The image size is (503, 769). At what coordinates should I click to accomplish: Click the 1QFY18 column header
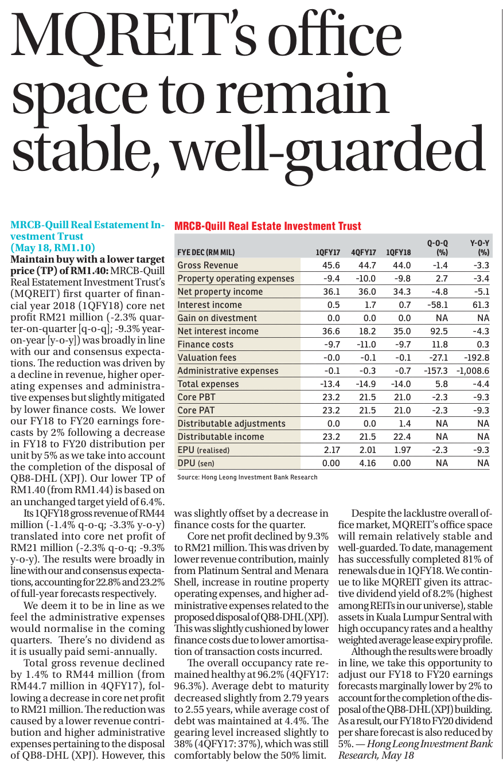(x=398, y=252)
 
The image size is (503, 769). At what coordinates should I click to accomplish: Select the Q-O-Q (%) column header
(x=438, y=248)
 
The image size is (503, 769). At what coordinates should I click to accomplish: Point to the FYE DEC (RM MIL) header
(x=206, y=252)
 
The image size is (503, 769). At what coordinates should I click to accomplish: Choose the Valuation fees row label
(x=206, y=357)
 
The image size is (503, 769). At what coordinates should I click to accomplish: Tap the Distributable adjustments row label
(x=231, y=423)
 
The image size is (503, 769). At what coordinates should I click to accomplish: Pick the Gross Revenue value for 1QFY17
(x=331, y=265)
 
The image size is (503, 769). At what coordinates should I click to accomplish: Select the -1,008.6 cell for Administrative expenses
(x=473, y=371)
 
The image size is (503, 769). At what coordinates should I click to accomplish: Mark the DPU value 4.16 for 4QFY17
(x=368, y=463)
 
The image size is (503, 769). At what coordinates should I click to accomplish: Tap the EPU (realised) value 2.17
(x=332, y=450)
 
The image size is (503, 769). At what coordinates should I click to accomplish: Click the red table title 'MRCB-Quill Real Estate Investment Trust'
(x=268, y=226)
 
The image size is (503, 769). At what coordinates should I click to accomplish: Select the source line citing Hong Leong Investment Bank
(x=247, y=477)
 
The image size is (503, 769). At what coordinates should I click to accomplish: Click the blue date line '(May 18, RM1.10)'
(x=53, y=248)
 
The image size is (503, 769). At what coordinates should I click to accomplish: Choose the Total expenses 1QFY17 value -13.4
(x=330, y=384)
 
